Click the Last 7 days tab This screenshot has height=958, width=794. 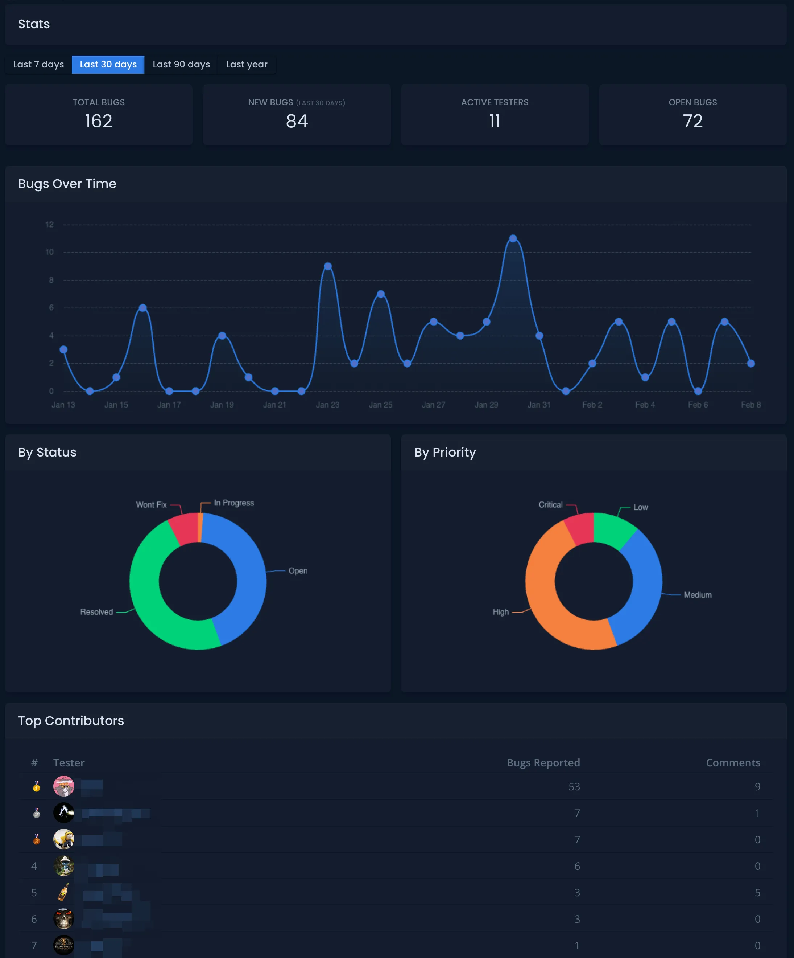coord(38,64)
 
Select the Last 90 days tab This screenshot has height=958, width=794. coord(181,64)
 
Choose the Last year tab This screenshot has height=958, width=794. coord(247,64)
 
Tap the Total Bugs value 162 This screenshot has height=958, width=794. coord(99,121)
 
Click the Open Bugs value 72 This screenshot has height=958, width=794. coord(692,121)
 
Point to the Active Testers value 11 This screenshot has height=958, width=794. coord(495,121)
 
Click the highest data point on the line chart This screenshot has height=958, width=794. coord(513,238)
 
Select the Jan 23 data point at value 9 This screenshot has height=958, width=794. coord(328,266)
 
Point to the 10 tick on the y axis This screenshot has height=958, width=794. coord(49,252)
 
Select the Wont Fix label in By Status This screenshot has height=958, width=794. coord(151,504)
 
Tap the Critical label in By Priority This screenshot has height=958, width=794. coord(550,504)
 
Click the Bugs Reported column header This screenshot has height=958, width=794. coord(543,763)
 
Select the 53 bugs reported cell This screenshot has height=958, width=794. coord(574,786)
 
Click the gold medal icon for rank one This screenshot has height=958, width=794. coord(37,786)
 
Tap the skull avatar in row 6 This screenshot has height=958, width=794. coord(64,919)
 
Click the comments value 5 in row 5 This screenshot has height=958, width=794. coord(757,892)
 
